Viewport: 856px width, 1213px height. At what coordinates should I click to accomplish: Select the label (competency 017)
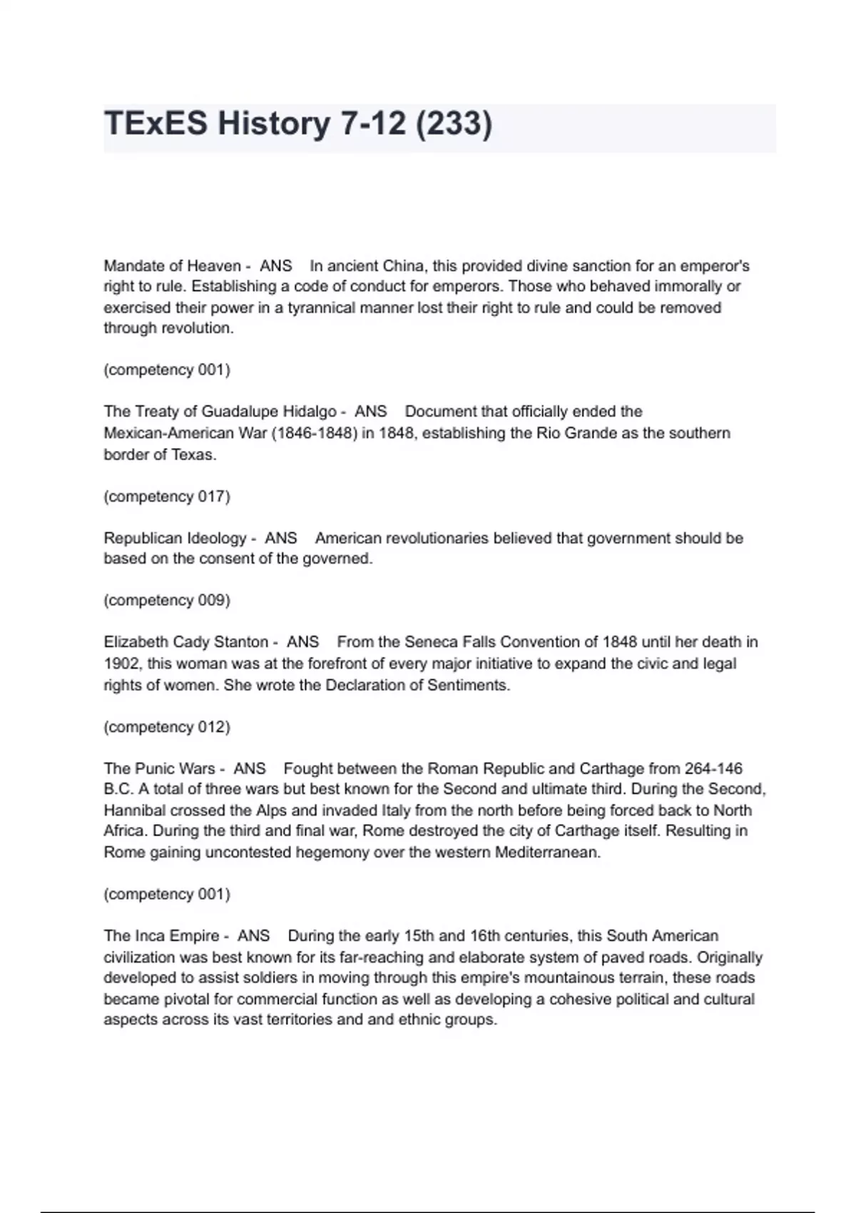click(167, 496)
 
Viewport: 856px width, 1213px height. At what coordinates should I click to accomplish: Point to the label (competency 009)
click(167, 600)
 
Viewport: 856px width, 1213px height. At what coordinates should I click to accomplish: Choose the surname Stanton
click(238, 642)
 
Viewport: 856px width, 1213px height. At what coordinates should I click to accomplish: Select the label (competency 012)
click(167, 726)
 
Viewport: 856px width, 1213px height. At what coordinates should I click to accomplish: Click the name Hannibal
click(134, 811)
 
